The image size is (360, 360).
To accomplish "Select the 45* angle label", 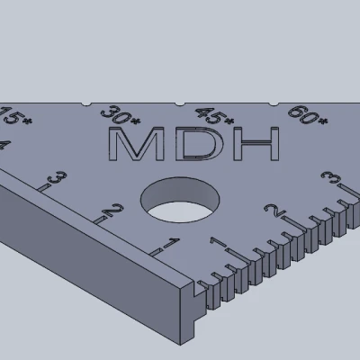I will (x=214, y=116).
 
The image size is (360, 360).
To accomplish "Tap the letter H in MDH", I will (x=255, y=144).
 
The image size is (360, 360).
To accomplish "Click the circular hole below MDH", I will (x=182, y=200).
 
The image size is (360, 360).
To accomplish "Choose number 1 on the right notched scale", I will (x=216, y=244).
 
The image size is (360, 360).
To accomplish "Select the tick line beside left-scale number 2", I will (x=94, y=221).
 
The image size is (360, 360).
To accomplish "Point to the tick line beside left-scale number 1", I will (x=155, y=251).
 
